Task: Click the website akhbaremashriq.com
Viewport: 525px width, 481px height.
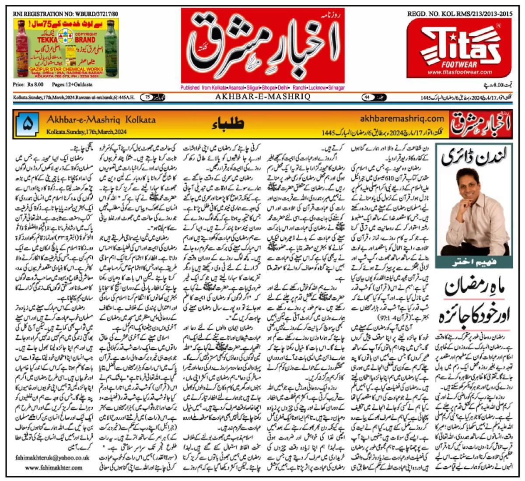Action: (x=401, y=118)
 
